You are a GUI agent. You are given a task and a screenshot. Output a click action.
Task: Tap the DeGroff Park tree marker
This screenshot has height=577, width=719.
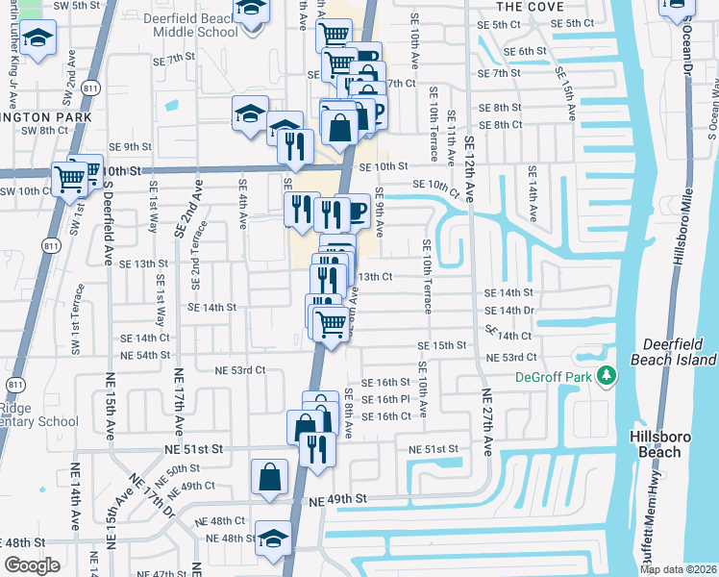pos(607,376)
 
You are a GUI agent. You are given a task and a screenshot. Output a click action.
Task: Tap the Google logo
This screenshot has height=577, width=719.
pos(32,565)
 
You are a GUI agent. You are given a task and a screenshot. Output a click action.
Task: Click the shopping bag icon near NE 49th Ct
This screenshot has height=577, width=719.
pos(269,476)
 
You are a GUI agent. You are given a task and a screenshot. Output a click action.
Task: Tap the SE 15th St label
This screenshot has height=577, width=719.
pos(441,345)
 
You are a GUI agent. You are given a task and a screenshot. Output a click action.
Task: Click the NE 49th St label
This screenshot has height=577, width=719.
pos(339,500)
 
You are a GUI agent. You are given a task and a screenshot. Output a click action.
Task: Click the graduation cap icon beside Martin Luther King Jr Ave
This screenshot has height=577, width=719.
pos(38,40)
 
